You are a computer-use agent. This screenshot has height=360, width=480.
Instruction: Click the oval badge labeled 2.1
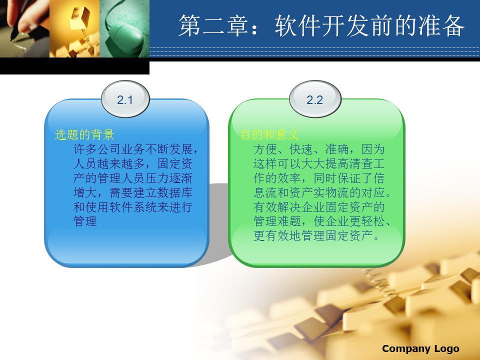pos(125,99)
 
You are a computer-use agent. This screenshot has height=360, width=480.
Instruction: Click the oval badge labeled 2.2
pos(315,99)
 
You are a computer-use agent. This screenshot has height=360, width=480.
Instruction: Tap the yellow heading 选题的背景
pos(84,134)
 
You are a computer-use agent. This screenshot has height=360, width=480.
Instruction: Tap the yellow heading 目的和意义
pos(269,134)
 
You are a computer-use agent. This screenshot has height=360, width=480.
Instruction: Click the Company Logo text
pos(420,348)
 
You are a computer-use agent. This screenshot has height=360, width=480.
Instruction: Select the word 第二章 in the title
pos(213,25)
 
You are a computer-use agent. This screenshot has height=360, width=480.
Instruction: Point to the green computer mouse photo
pos(124,28)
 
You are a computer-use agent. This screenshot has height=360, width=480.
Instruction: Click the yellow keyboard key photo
pos(74,28)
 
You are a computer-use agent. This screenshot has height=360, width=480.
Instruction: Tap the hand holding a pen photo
pos(25,28)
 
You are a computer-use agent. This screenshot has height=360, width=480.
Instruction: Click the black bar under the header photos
pos(74,66)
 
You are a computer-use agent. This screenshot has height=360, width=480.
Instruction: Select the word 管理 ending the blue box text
pos(85,221)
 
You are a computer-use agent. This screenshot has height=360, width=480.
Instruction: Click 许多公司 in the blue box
pos(97,149)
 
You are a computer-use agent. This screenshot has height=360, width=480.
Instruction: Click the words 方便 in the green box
pos(265,149)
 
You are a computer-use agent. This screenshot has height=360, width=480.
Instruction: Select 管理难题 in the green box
pos(277,221)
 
